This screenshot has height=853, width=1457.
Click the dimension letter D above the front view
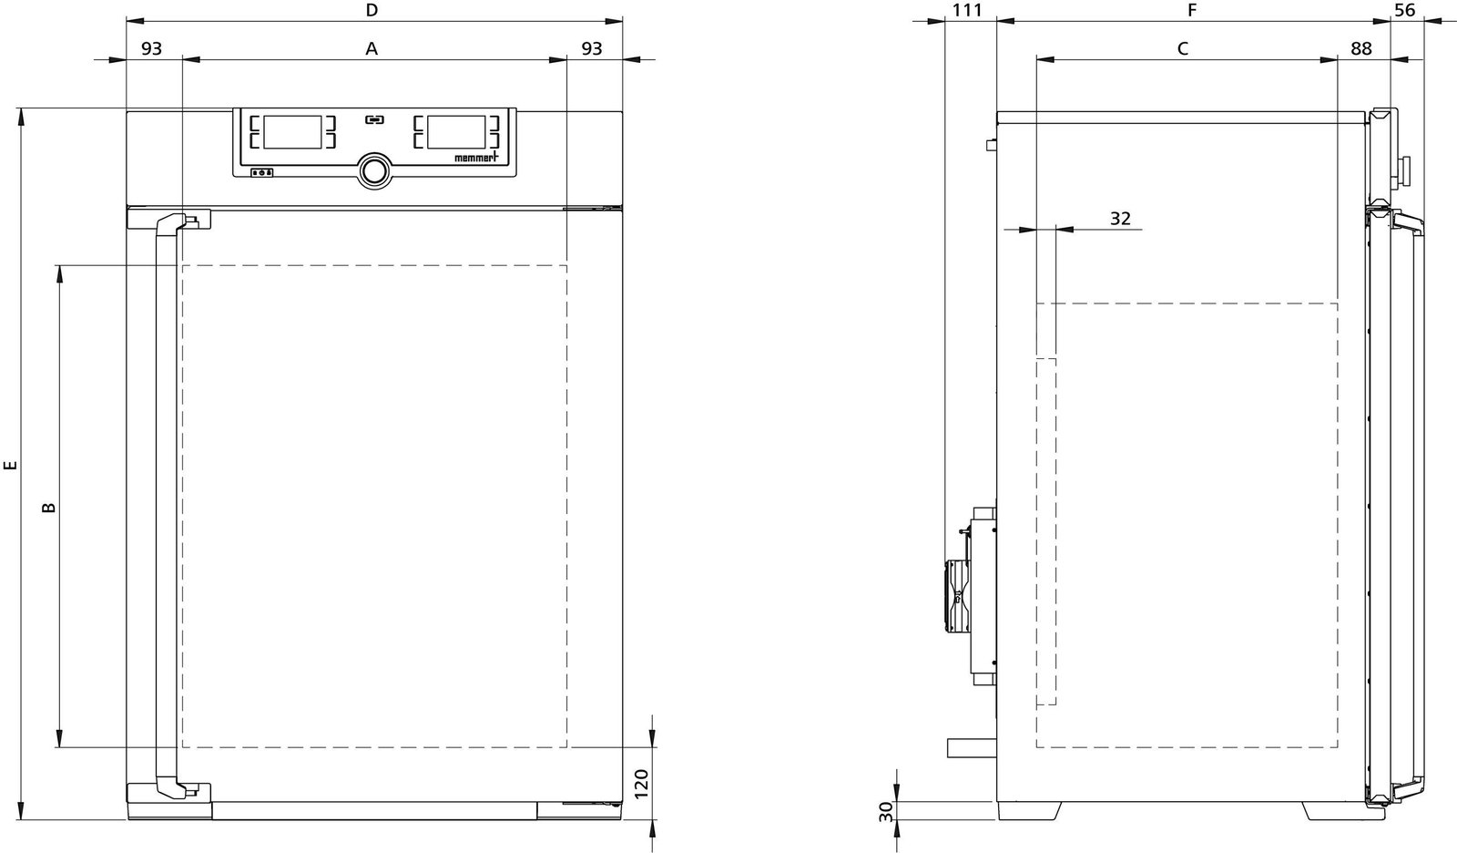(x=372, y=10)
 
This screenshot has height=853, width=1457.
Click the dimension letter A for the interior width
(x=372, y=48)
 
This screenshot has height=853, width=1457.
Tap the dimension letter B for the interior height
(x=49, y=508)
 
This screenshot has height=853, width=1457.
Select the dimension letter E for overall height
(x=10, y=465)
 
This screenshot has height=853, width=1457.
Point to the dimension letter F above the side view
(x=1192, y=10)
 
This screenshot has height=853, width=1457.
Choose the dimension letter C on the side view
(x=1183, y=48)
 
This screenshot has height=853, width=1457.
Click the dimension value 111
(x=967, y=10)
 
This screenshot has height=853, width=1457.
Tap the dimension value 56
(x=1405, y=10)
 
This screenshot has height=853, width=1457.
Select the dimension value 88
(x=1361, y=48)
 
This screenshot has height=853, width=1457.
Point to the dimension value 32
(x=1120, y=219)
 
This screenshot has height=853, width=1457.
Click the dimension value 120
(x=641, y=784)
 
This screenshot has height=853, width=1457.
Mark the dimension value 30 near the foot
(x=886, y=811)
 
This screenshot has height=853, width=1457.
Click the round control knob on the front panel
(x=374, y=171)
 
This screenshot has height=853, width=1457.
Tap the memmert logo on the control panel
(x=476, y=157)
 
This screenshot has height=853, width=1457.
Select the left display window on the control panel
(x=292, y=132)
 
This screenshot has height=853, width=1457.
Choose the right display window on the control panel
(x=456, y=132)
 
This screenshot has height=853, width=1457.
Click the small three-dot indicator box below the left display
(x=262, y=172)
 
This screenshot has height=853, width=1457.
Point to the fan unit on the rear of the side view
(x=959, y=598)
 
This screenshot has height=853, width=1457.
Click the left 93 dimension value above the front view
(x=151, y=48)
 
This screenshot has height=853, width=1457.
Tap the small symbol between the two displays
(x=374, y=119)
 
